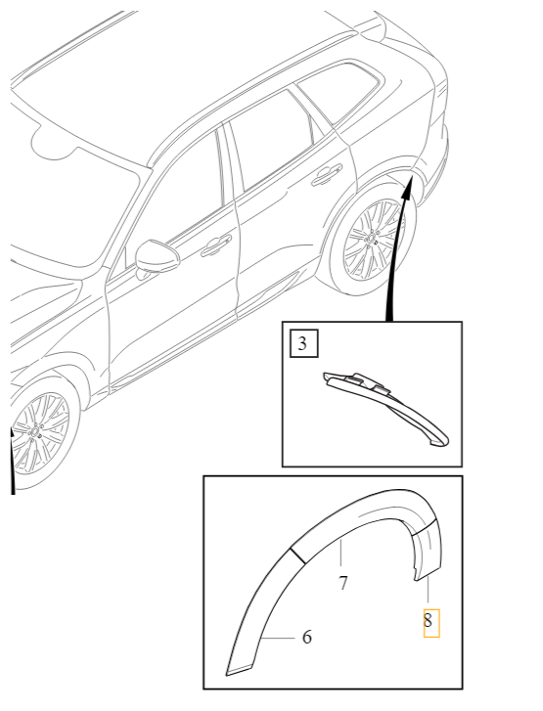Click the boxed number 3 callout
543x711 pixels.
coord(303,343)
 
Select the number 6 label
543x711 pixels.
coord(307,638)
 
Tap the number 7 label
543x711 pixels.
coord(342,584)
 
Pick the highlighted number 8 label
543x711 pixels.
coord(430,619)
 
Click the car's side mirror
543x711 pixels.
coord(154,256)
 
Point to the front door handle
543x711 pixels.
coord(216,245)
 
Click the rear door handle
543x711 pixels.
coord(326,175)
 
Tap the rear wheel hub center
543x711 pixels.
coord(374,238)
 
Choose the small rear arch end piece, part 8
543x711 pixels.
coord(427,552)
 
